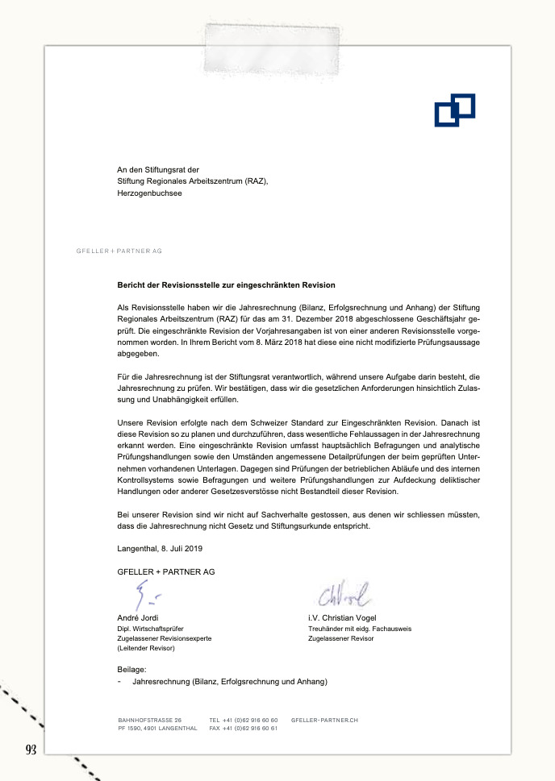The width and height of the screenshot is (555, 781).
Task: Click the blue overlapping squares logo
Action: coord(454,110)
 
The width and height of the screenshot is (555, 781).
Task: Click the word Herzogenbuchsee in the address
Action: coord(149,193)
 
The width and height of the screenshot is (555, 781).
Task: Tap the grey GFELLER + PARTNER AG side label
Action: coord(119,251)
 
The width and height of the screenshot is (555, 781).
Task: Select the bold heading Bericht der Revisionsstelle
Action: coord(226,285)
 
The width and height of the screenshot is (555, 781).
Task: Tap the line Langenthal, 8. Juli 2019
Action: coord(160,548)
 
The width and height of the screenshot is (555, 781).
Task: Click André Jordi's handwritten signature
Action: coord(146,597)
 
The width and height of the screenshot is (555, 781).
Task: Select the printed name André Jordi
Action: coord(138,617)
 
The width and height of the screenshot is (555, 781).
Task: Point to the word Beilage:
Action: coord(131,669)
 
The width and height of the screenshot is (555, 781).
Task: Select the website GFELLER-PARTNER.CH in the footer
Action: coord(324,719)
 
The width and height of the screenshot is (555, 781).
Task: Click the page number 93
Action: coord(32,750)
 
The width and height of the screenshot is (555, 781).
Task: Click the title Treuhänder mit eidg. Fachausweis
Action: coord(360,628)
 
